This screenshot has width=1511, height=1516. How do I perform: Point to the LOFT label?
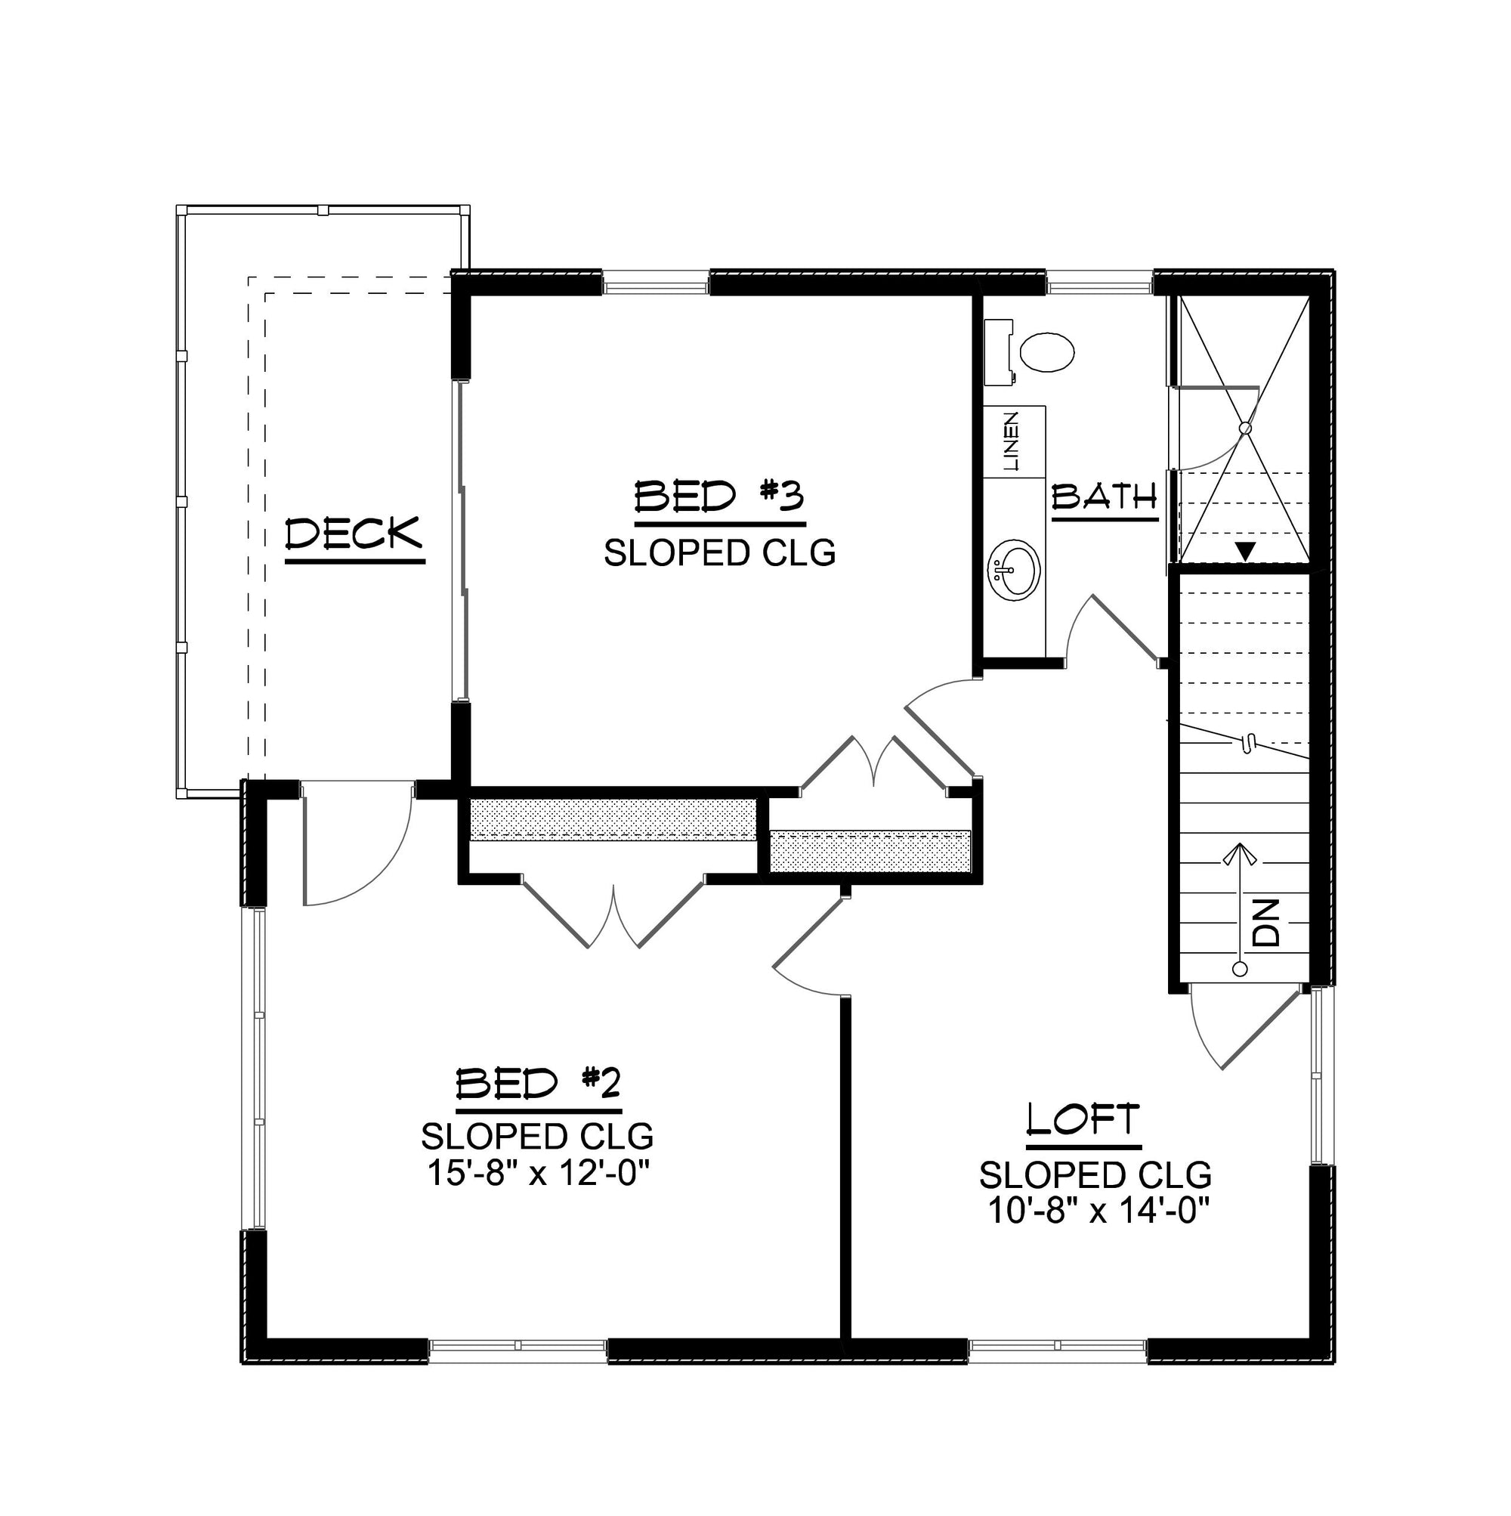coord(1083,1120)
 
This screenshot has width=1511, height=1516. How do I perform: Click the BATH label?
coord(1105,496)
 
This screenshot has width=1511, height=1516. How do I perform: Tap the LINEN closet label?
coord(1012,441)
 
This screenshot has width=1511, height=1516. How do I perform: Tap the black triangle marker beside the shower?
coord(1245,552)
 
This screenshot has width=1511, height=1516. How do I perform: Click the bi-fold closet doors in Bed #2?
coord(613,910)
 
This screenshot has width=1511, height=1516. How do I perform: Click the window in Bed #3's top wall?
coord(656,283)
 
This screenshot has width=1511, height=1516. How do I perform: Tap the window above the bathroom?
coord(1099,283)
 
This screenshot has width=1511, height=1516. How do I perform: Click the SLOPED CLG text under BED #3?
coord(719,553)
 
